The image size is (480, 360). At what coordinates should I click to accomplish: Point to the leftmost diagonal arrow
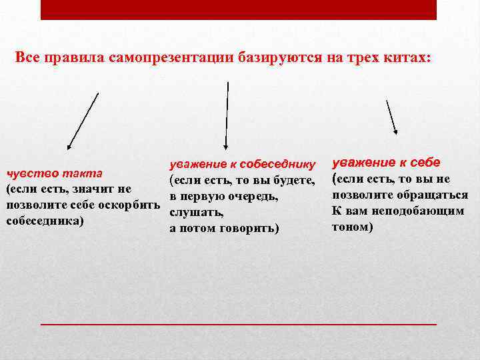click(83, 121)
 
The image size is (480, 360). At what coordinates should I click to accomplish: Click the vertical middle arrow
click(227, 115)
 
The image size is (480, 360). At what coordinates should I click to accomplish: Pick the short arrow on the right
click(392, 117)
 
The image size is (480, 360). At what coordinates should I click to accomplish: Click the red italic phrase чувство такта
click(53, 173)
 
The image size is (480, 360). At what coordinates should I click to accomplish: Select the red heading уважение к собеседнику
click(243, 164)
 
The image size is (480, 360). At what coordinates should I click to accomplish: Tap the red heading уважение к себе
click(386, 162)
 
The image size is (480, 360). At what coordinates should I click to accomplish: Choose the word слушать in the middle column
click(191, 213)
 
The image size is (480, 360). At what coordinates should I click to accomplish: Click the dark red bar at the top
click(239, 9)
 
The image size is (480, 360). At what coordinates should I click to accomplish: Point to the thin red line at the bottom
click(239, 323)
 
